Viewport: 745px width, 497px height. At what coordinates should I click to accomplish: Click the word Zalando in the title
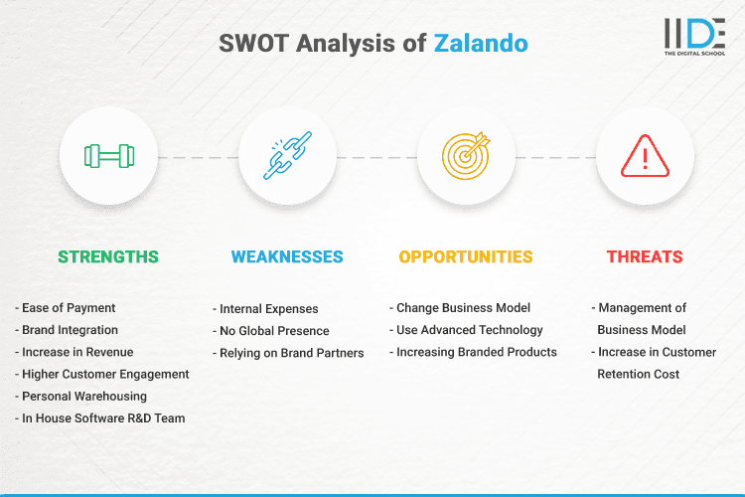pos(480,44)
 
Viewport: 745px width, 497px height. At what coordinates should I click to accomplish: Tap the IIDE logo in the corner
pos(694,36)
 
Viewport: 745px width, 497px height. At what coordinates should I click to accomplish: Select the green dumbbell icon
pos(108,156)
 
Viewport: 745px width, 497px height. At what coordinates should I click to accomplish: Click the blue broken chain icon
pos(287,156)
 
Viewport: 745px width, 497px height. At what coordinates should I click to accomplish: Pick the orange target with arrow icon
pos(466,156)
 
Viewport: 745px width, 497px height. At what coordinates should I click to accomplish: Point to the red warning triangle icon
pos(645,156)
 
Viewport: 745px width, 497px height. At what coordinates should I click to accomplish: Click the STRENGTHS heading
pos(108,256)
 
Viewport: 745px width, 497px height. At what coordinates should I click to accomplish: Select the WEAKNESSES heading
pos(287,256)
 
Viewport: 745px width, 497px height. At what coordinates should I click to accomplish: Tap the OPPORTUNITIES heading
pos(466,256)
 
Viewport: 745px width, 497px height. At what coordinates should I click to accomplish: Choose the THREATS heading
pos(645,256)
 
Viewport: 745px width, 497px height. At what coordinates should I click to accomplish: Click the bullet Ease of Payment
pos(66,308)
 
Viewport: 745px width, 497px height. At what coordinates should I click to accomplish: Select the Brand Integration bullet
pos(69,330)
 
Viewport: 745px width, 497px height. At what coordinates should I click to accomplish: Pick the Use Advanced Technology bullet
pos(469,330)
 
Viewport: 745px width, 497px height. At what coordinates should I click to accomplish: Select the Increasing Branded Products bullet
pos(476,352)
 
